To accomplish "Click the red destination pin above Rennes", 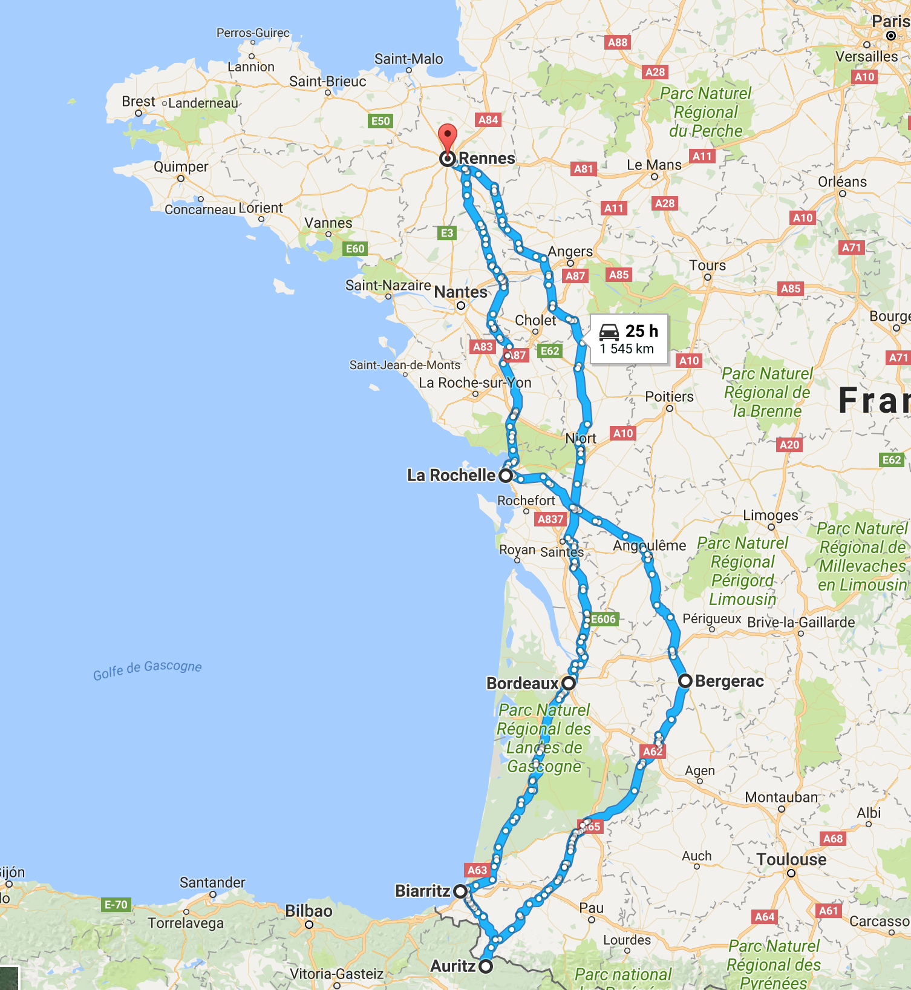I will click(x=447, y=136).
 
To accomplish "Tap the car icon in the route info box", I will click(x=609, y=332).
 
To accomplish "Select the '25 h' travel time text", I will click(x=642, y=331).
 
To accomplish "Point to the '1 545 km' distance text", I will click(x=627, y=349).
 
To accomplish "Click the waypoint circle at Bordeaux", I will click(x=568, y=683).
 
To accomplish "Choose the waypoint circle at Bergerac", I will click(x=685, y=681).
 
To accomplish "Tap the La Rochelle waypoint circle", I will click(x=505, y=476).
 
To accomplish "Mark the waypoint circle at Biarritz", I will click(x=460, y=891).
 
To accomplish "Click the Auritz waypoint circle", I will click(x=486, y=966).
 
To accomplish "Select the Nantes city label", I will click(x=460, y=292).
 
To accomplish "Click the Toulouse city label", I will click(x=791, y=860).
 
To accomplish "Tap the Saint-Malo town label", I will click(x=408, y=59).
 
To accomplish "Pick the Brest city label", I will click(x=139, y=102).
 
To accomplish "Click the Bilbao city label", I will click(x=309, y=911).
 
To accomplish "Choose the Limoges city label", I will click(x=771, y=515).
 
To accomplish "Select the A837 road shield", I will click(x=550, y=519).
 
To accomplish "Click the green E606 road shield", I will click(x=603, y=619).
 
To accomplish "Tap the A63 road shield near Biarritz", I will click(x=477, y=870).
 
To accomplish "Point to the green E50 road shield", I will click(x=380, y=121).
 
